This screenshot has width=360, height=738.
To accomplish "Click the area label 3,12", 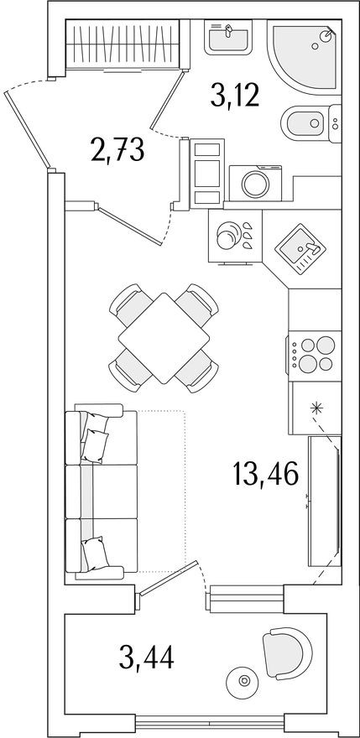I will [236, 98].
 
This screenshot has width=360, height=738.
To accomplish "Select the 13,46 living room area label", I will [266, 481].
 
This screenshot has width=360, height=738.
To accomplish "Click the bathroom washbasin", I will [228, 37].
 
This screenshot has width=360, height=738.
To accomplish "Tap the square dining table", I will [164, 338].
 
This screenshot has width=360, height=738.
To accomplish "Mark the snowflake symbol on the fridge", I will [316, 409].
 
